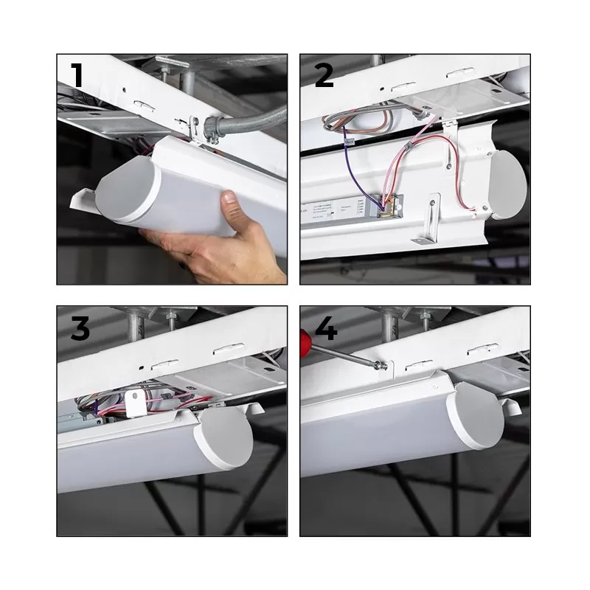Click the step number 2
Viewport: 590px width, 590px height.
pos(323,76)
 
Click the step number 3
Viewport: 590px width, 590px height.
pos(80,327)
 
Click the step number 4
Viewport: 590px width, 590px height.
pos(324,327)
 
